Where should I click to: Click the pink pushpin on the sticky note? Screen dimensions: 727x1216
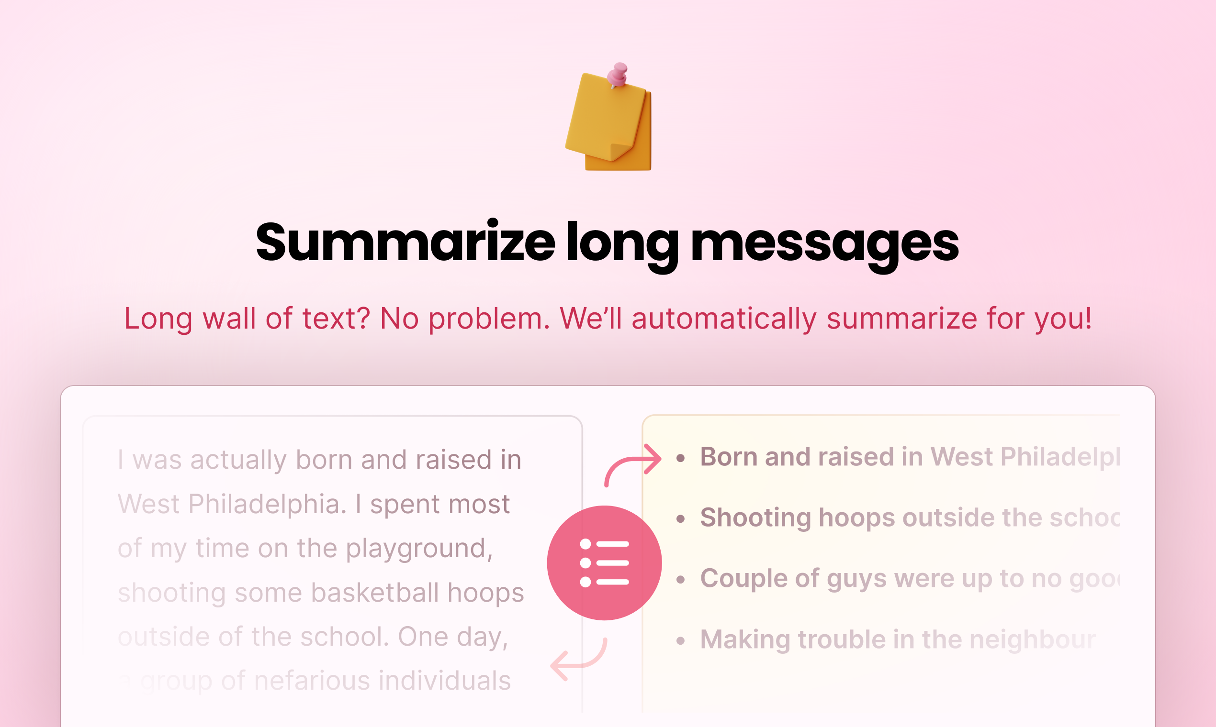619,75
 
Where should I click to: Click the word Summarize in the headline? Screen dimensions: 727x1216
405,243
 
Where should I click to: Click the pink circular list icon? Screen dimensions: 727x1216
604,563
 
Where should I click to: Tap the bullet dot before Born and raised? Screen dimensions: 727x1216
680,459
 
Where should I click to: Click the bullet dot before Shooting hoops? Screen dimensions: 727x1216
680,519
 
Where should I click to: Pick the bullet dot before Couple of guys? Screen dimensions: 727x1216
680,580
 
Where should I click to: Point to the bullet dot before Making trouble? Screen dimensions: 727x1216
680,641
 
